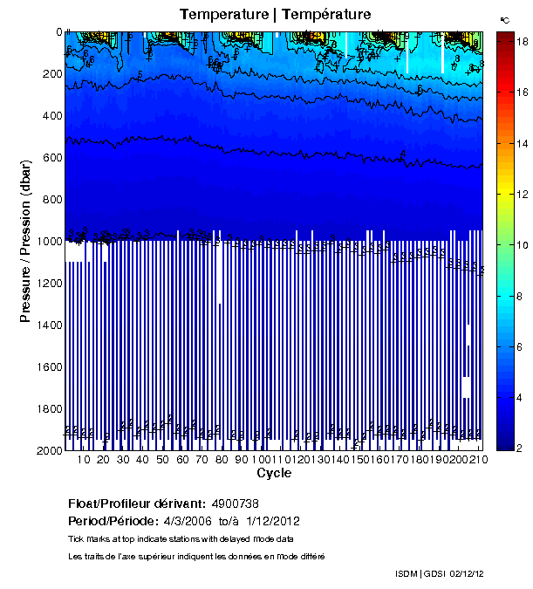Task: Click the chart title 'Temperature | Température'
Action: coord(276,14)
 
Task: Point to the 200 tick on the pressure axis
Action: coord(51,74)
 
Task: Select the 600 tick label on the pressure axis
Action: coord(51,158)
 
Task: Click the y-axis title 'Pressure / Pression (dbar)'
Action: coord(25,241)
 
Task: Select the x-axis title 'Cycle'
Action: coord(274,474)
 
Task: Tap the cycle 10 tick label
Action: coord(84,460)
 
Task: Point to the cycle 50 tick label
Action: coord(163,460)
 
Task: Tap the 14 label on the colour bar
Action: coord(515,142)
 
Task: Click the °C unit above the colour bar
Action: coord(505,19)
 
